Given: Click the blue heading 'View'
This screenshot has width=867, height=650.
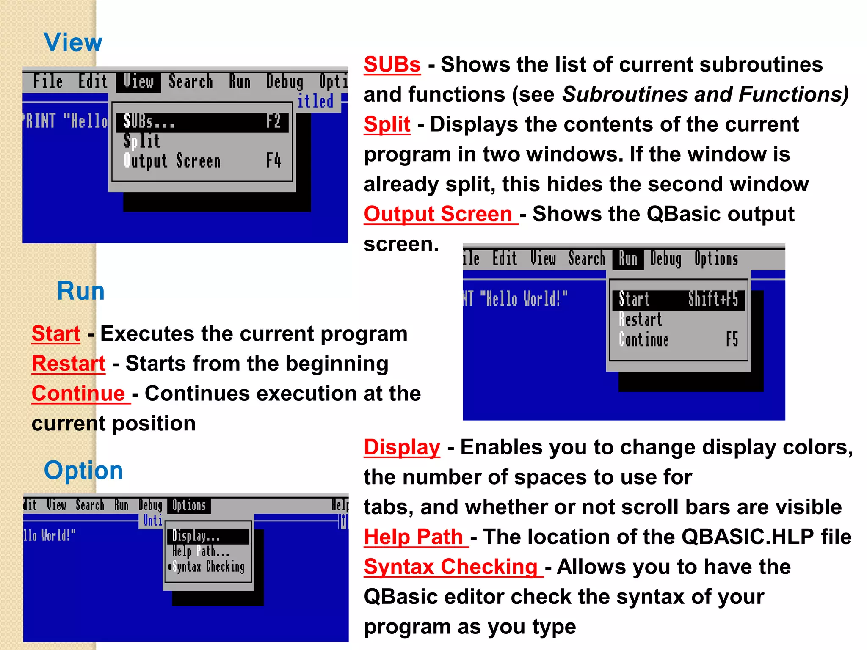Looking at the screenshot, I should pos(73,42).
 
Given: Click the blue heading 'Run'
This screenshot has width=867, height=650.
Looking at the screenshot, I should pos(81,291).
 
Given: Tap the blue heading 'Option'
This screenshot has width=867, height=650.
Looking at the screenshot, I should pos(83,471).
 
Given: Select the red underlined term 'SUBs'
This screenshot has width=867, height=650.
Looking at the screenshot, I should pos(392,65).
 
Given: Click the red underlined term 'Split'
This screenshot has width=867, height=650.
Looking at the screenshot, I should pos(387,125).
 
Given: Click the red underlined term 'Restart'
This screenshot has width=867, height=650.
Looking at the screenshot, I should pos(69,364).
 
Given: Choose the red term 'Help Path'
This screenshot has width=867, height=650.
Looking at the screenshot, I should pos(414,537).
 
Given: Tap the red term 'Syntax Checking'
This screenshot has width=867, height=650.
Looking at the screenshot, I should pos(451,567).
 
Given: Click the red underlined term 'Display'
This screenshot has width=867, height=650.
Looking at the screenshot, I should pos(402,447).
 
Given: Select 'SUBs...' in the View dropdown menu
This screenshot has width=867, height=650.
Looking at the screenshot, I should pos(149,122).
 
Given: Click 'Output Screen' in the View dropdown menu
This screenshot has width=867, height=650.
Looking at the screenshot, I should pos(172,161).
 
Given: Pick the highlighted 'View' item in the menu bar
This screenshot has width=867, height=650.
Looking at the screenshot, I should pos(138,82).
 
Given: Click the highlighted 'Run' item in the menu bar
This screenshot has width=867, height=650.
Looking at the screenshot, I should pos(628,259).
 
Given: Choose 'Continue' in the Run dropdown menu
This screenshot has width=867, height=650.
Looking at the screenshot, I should pos(644,340).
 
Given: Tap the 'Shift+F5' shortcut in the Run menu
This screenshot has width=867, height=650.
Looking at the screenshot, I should pos(713,299).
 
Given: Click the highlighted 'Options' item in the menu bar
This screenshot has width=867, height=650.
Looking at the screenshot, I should pos(189,505).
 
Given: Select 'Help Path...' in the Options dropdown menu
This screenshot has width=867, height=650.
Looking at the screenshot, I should pos(201,551).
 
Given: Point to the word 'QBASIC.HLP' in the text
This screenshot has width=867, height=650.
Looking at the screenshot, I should pos(748,537).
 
